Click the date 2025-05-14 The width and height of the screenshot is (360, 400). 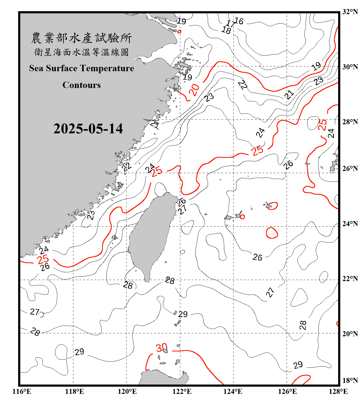pyautogui.click(x=88, y=129)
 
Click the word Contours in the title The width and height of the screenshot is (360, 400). pyautogui.click(x=82, y=85)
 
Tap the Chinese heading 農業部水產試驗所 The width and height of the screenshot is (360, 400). pyautogui.click(x=81, y=38)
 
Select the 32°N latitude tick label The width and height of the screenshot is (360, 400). pyautogui.click(x=350, y=12)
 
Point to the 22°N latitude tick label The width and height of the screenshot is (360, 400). pyautogui.click(x=350, y=279)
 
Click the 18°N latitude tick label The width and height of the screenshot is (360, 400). pyautogui.click(x=350, y=381)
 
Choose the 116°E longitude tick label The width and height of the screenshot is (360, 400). pyautogui.click(x=22, y=391)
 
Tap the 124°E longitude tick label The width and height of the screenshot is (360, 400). pyautogui.click(x=233, y=391)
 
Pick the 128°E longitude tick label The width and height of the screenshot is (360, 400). pyautogui.click(x=338, y=391)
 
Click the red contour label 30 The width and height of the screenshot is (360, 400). pyautogui.click(x=162, y=348)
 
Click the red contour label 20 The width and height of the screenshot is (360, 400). pyautogui.click(x=194, y=90)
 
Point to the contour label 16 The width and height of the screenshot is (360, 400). pyautogui.click(x=239, y=21)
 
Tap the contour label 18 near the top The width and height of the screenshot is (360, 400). pyautogui.click(x=226, y=30)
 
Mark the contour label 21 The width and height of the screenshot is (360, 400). pyautogui.click(x=289, y=94)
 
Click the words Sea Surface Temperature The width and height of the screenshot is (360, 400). pyautogui.click(x=82, y=68)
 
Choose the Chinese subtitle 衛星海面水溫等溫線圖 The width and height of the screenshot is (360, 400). pyautogui.click(x=81, y=52)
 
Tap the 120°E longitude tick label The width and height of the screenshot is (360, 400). pyautogui.click(x=127, y=391)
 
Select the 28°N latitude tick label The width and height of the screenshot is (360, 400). pyautogui.click(x=350, y=122)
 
